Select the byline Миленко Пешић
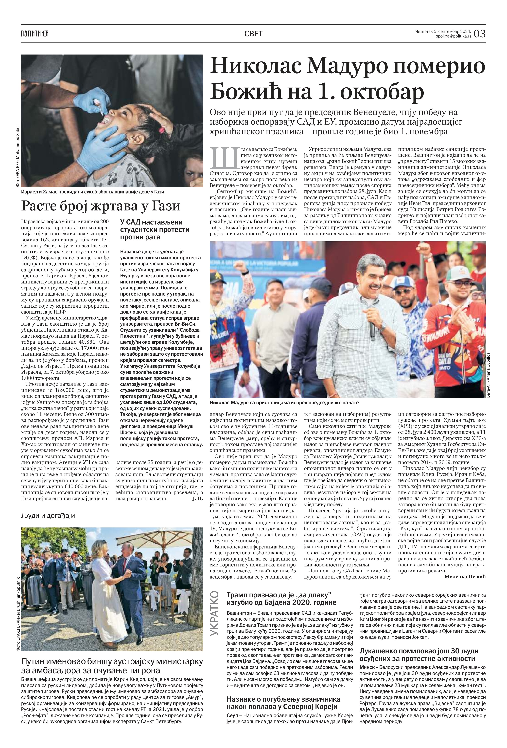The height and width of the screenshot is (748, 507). [465, 577]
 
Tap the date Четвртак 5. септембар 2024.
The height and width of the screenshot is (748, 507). [443, 31]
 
